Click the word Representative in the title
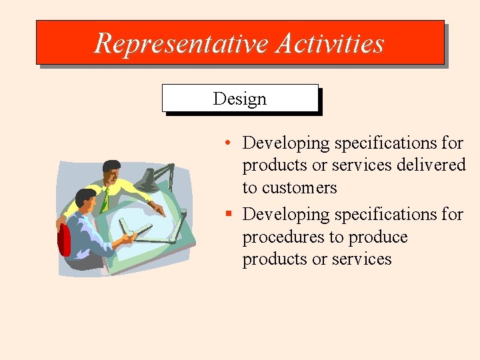click(181, 43)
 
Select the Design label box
click(240, 99)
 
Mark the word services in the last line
click(363, 259)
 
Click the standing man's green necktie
click(104, 200)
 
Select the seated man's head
click(85, 199)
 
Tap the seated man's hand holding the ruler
click(127, 237)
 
